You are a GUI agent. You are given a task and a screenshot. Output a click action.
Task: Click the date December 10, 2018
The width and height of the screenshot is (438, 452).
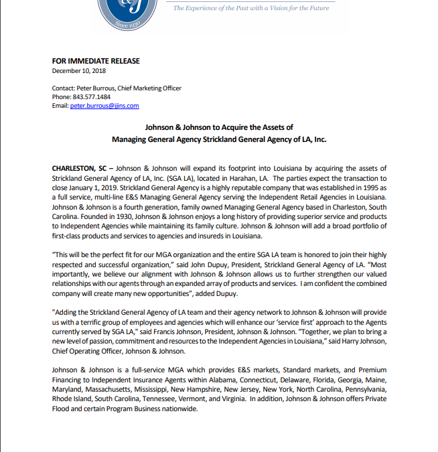[x=78, y=70]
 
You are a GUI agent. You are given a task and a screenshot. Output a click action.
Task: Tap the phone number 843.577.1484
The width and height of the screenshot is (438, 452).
[x=90, y=97]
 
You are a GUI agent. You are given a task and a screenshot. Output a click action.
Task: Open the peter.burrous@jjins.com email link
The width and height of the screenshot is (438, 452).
[x=104, y=106]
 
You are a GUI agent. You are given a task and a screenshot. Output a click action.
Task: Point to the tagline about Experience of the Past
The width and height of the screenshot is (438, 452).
[x=250, y=8]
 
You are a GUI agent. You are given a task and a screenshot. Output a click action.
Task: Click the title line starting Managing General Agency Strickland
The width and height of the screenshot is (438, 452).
[x=219, y=139]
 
